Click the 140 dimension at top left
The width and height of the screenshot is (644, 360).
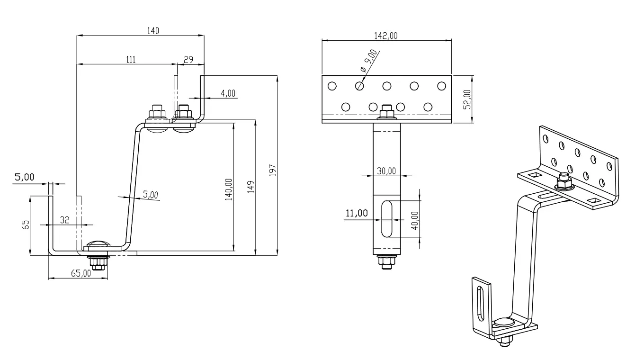(x=153, y=31)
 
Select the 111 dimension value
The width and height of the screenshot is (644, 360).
(x=131, y=59)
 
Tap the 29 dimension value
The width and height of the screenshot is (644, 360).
(x=188, y=59)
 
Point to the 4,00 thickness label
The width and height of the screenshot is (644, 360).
(x=228, y=93)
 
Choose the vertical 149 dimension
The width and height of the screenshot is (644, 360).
(x=251, y=186)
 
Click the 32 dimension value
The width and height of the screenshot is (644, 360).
(x=65, y=220)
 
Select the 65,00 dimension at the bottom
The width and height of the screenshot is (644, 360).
(x=81, y=273)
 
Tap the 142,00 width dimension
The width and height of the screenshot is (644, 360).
(x=386, y=36)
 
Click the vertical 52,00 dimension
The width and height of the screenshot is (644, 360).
(x=467, y=99)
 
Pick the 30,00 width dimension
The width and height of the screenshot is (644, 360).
(x=386, y=171)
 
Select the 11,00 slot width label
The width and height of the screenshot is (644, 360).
(x=357, y=213)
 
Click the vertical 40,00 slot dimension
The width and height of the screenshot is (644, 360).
(x=414, y=220)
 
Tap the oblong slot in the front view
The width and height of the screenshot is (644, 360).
(x=387, y=219)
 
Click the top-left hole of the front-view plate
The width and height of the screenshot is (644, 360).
(x=331, y=86)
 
